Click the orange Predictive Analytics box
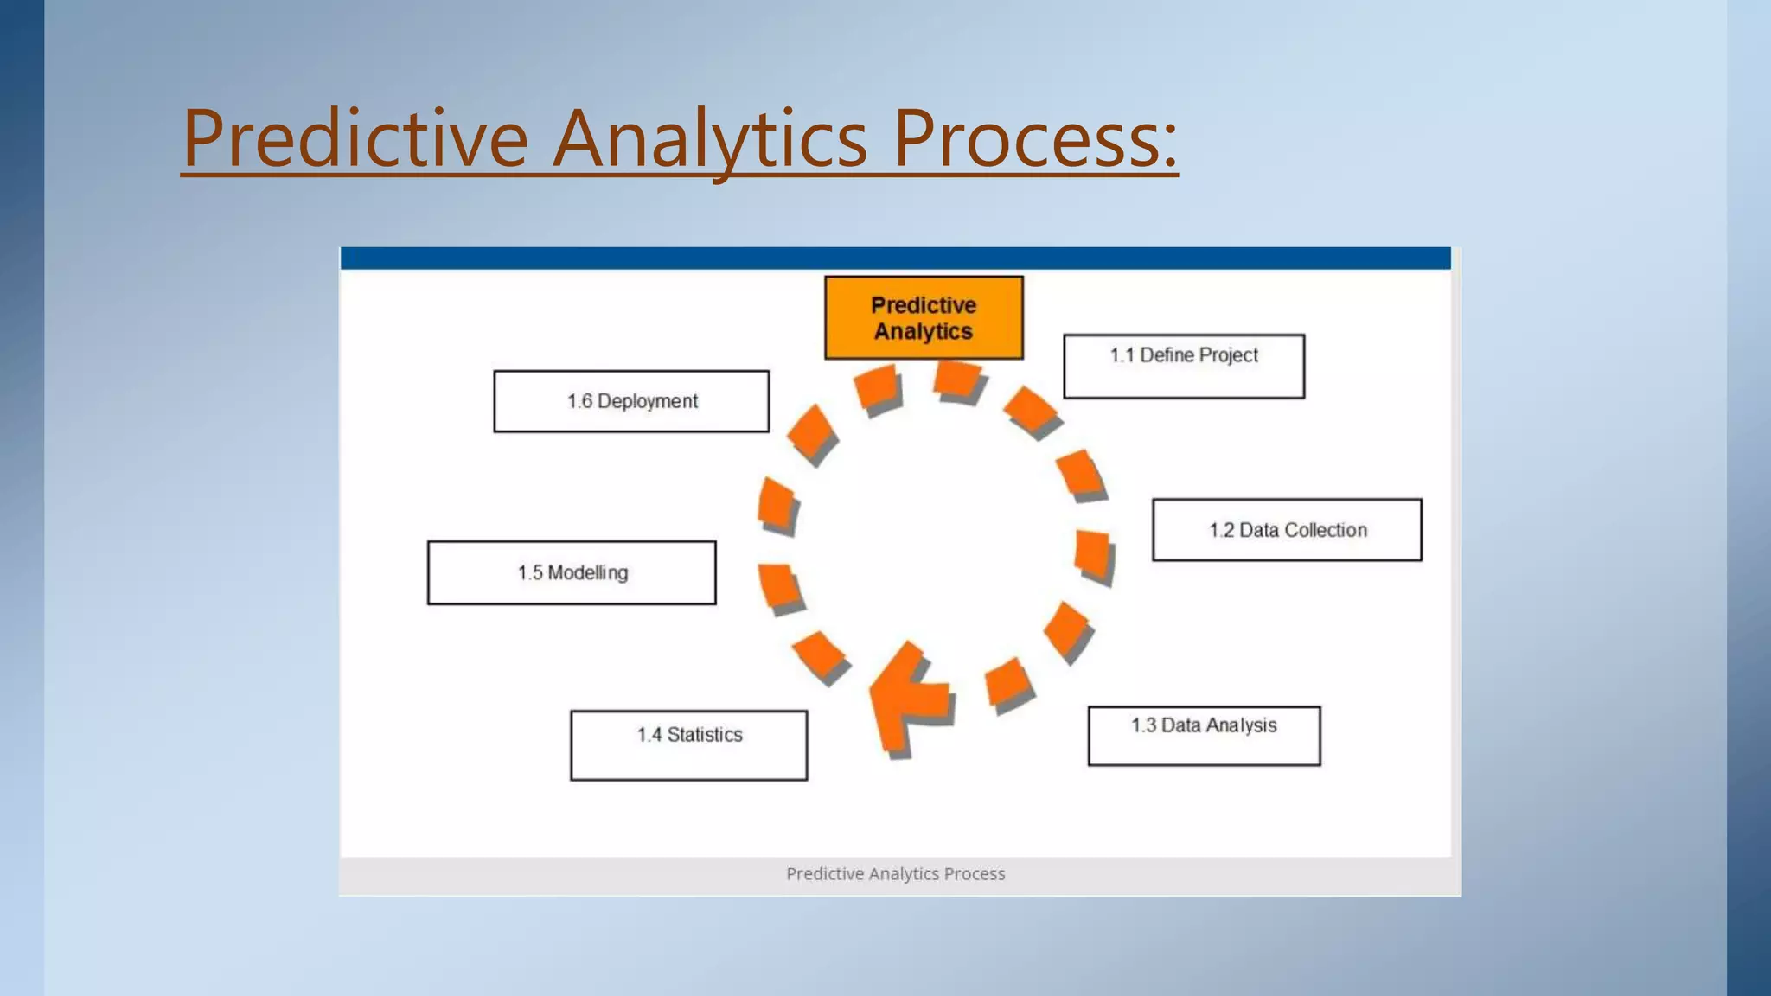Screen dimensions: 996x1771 [x=924, y=318]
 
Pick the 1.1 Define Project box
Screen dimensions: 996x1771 [x=1184, y=367]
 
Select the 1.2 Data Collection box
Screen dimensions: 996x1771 [x=1287, y=530]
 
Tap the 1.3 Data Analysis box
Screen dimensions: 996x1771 [x=1204, y=736]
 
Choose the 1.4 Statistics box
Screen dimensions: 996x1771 [x=689, y=745]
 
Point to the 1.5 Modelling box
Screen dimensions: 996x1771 [x=572, y=572]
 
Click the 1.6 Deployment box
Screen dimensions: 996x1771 [x=631, y=401]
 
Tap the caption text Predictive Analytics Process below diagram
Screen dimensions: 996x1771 [x=895, y=874]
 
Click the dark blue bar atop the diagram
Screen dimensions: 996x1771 [x=895, y=258]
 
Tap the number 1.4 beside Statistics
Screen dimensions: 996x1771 [x=649, y=735]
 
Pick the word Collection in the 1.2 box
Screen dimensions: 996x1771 [x=1326, y=530]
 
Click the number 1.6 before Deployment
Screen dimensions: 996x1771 [x=579, y=401]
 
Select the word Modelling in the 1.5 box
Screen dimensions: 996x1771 [x=588, y=572]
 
